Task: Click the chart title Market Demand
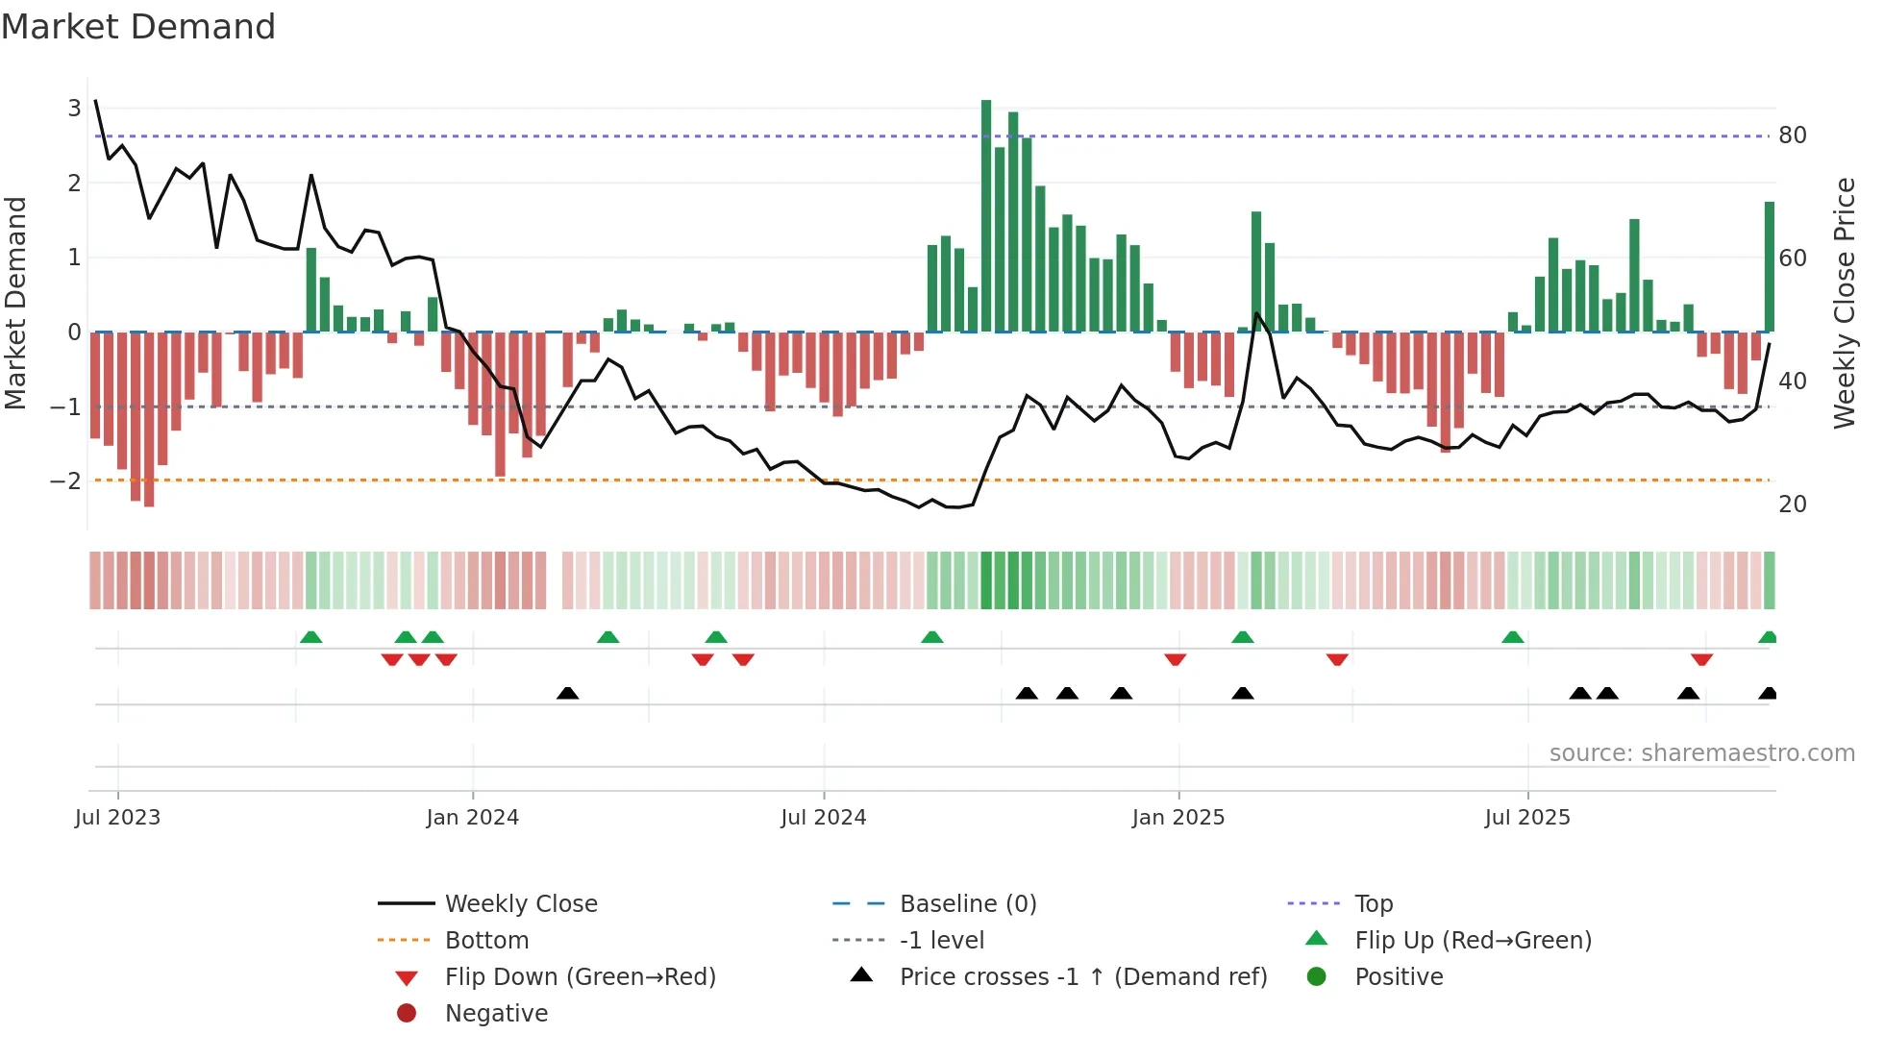pos(138,27)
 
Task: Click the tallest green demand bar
pos(986,216)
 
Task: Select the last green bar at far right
pos(1769,267)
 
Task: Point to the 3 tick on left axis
pos(74,108)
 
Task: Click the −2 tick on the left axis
pos(66,480)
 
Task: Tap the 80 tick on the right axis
pos(1792,135)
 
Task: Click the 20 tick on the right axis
pos(1792,504)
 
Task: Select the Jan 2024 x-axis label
pos(472,818)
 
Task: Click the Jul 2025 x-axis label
pos(1526,818)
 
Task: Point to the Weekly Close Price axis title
pos(1844,303)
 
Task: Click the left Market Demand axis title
pos(16,303)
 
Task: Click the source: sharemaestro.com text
pos(1701,753)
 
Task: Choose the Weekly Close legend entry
pos(520,903)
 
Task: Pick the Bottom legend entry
pos(486,940)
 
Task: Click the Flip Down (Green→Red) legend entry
pos(580,976)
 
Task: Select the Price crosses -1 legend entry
pos(1082,976)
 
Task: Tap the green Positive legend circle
pos(1317,976)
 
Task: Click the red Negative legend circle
pos(407,1013)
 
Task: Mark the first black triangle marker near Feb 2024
pos(567,693)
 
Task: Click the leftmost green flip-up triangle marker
pos(310,637)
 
